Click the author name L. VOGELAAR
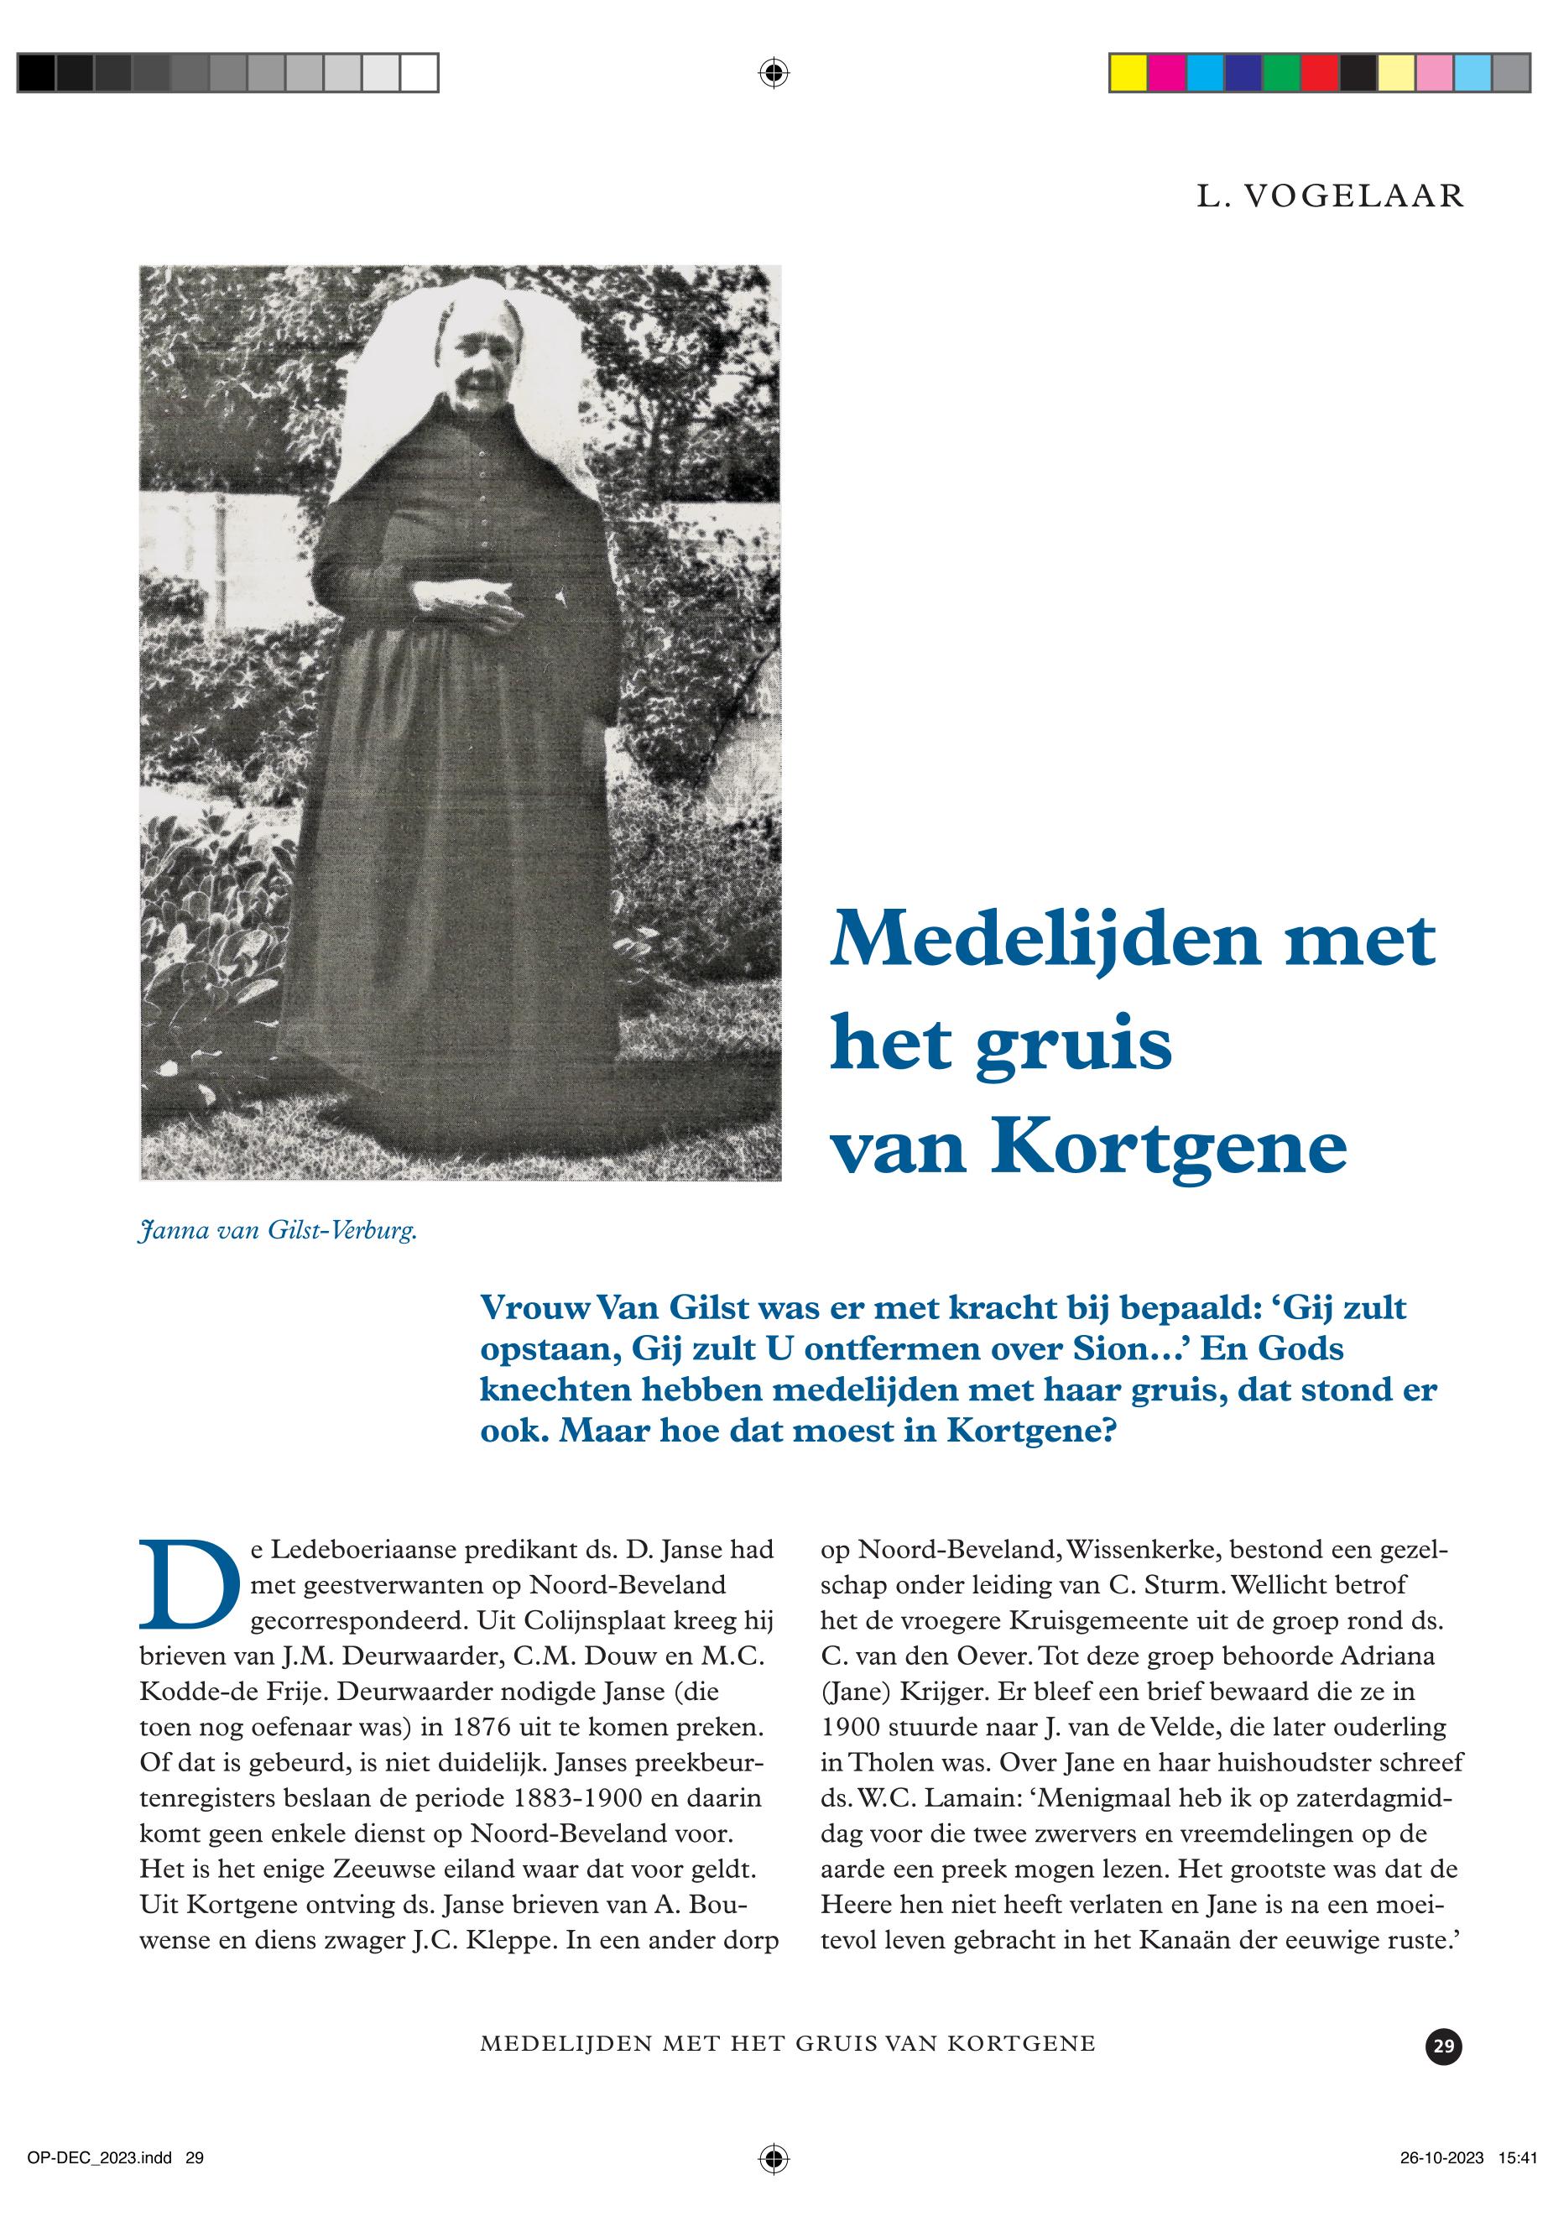point(1330,196)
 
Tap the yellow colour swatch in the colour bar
point(1128,74)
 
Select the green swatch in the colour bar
point(1281,74)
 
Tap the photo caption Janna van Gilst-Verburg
point(279,1233)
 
